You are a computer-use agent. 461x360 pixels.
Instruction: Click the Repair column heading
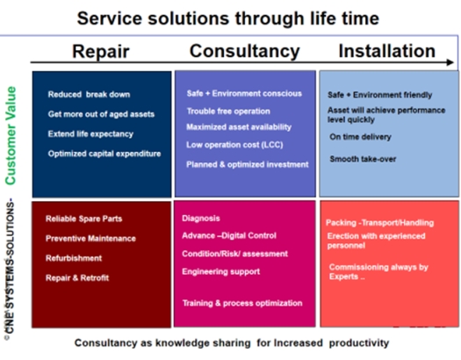pyautogui.click(x=101, y=52)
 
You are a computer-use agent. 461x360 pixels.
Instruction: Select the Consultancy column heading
pyautogui.click(x=245, y=51)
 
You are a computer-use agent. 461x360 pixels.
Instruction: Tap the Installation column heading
pyautogui.click(x=387, y=51)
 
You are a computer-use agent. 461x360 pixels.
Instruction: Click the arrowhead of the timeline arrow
pyautogui.click(x=450, y=62)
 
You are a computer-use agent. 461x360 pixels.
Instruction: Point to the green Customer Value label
pyautogui.click(x=11, y=135)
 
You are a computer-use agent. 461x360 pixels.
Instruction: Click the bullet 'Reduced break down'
pyautogui.click(x=89, y=94)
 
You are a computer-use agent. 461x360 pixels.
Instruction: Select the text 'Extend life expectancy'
pyautogui.click(x=90, y=134)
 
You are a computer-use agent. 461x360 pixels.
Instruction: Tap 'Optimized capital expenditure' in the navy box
pyautogui.click(x=104, y=154)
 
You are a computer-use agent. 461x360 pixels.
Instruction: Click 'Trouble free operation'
pyautogui.click(x=228, y=112)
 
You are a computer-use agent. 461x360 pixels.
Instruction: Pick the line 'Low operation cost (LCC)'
pyautogui.click(x=234, y=145)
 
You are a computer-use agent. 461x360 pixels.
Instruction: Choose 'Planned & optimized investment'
pyautogui.click(x=248, y=164)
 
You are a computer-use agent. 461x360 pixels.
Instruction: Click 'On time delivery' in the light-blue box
pyautogui.click(x=360, y=137)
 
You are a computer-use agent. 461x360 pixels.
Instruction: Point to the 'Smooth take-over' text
pyautogui.click(x=363, y=159)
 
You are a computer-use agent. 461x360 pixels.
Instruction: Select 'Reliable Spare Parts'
pyautogui.click(x=83, y=219)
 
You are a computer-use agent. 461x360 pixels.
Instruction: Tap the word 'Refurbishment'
pyautogui.click(x=74, y=258)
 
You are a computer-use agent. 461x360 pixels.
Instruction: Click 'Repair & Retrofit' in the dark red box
pyautogui.click(x=77, y=277)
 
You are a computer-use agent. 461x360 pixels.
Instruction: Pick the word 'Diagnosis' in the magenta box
pyautogui.click(x=201, y=219)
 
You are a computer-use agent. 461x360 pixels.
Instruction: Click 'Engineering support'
pyautogui.click(x=220, y=271)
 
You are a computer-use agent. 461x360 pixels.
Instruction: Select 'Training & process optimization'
pyautogui.click(x=242, y=303)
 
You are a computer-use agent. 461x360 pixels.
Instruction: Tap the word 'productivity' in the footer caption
pyautogui.click(x=359, y=343)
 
